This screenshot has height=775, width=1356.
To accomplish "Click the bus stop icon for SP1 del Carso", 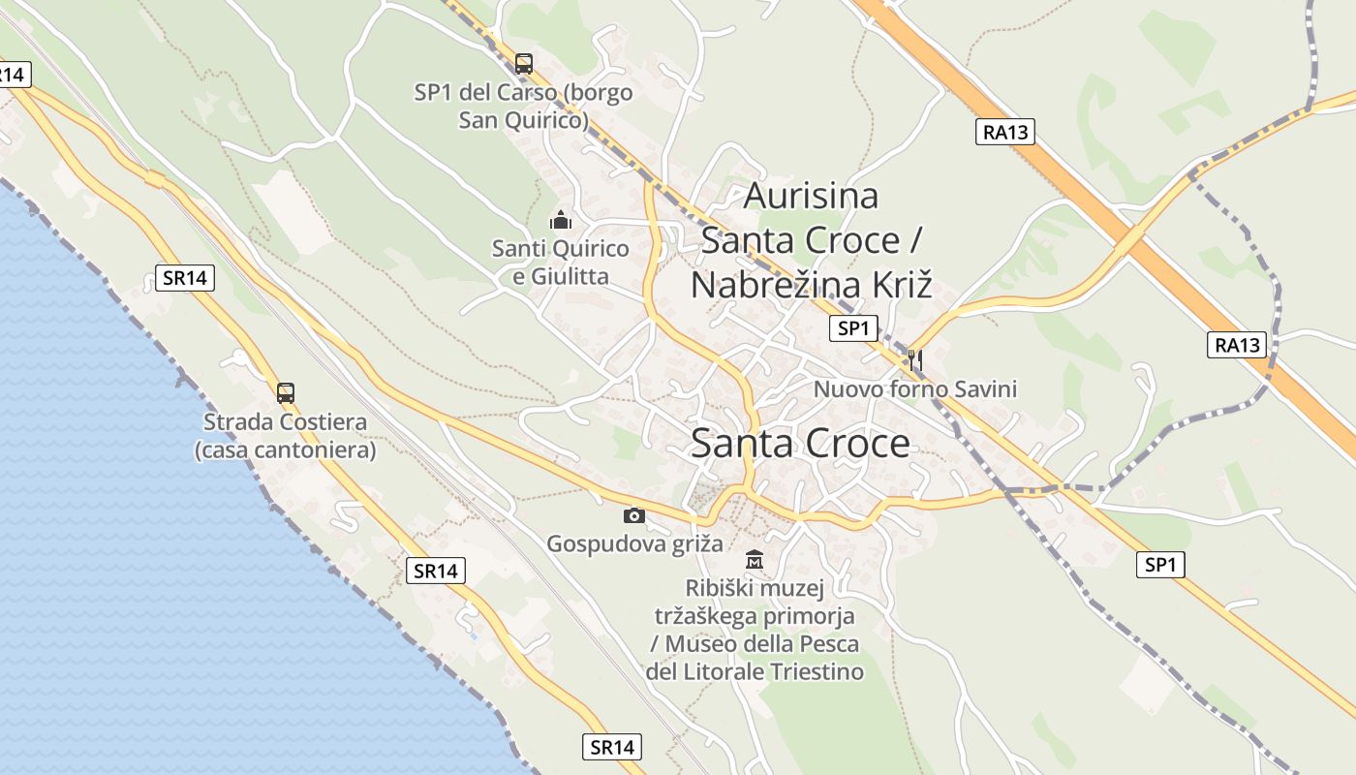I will [x=524, y=64].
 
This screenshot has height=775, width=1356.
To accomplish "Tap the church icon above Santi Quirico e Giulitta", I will [x=560, y=221].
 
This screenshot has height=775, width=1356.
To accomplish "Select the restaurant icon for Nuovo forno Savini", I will [x=914, y=360].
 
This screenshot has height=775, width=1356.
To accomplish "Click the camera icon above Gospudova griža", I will [x=634, y=515].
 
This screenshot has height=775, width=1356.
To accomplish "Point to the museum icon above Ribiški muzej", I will [x=755, y=560].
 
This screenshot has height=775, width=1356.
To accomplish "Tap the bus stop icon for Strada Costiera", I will [x=285, y=393].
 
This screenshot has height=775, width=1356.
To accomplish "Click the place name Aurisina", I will [x=811, y=196].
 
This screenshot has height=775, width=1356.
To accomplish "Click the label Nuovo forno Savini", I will [x=915, y=389].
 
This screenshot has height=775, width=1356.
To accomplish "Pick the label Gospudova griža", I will [x=634, y=543].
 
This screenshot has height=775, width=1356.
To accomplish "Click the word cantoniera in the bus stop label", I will [x=317, y=450].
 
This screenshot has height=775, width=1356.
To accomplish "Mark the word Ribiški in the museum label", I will [x=719, y=588].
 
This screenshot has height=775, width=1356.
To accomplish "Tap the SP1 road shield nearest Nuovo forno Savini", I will [x=853, y=328].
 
